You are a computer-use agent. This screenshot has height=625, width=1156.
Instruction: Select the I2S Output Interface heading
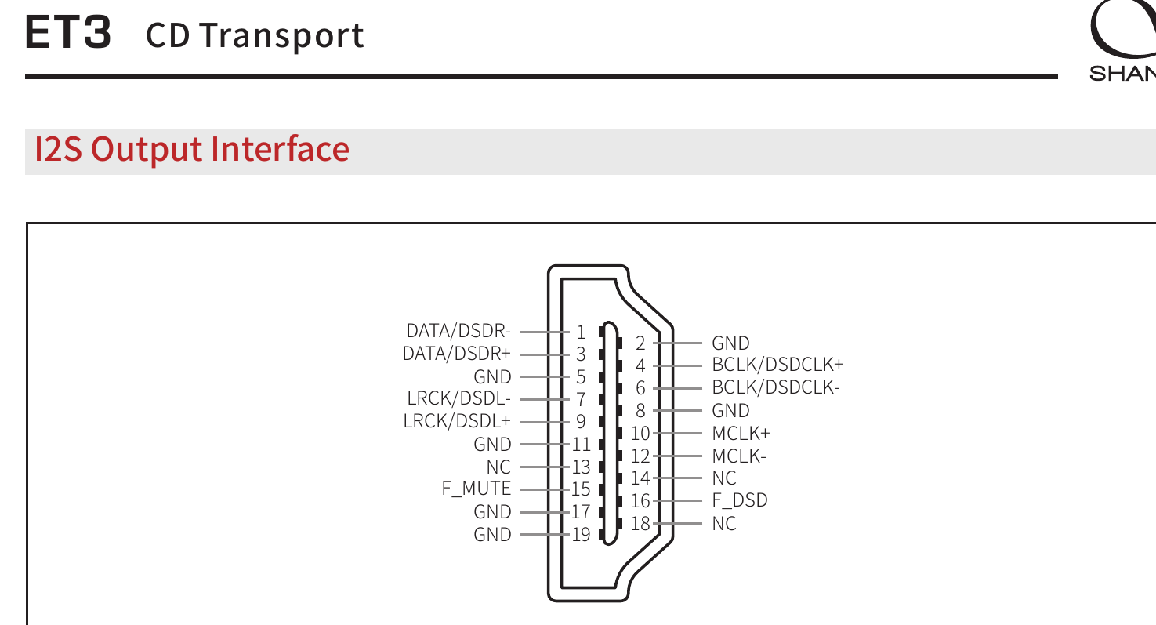pyautogui.click(x=192, y=149)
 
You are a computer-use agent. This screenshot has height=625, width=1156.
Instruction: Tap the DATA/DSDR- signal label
pyautogui.click(x=458, y=331)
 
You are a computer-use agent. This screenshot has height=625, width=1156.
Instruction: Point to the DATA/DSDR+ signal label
pyautogui.click(x=457, y=354)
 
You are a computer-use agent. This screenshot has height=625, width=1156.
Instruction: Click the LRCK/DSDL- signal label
pyautogui.click(x=459, y=398)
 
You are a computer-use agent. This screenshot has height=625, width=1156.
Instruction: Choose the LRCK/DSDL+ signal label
pyautogui.click(x=457, y=421)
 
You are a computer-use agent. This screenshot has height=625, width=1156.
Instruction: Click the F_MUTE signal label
pyautogui.click(x=477, y=489)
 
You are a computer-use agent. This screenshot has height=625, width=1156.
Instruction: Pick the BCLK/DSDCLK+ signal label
pyautogui.click(x=777, y=365)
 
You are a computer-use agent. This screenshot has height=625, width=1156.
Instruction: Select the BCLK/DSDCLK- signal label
pyautogui.click(x=776, y=387)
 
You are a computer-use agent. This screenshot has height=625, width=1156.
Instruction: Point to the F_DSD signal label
pyautogui.click(x=740, y=500)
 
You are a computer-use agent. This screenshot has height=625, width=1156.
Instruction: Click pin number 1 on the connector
pyautogui.click(x=582, y=332)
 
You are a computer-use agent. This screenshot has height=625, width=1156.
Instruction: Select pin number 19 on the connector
pyautogui.click(x=581, y=535)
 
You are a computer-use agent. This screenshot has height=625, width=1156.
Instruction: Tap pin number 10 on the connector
pyautogui.click(x=640, y=433)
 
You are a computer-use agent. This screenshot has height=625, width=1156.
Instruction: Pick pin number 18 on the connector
pyautogui.click(x=640, y=524)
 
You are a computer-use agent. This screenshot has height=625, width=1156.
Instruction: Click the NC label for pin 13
pyautogui.click(x=498, y=467)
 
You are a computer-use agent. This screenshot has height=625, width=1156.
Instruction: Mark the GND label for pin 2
pyautogui.click(x=730, y=343)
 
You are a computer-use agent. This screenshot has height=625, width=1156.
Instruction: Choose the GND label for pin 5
pyautogui.click(x=492, y=376)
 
